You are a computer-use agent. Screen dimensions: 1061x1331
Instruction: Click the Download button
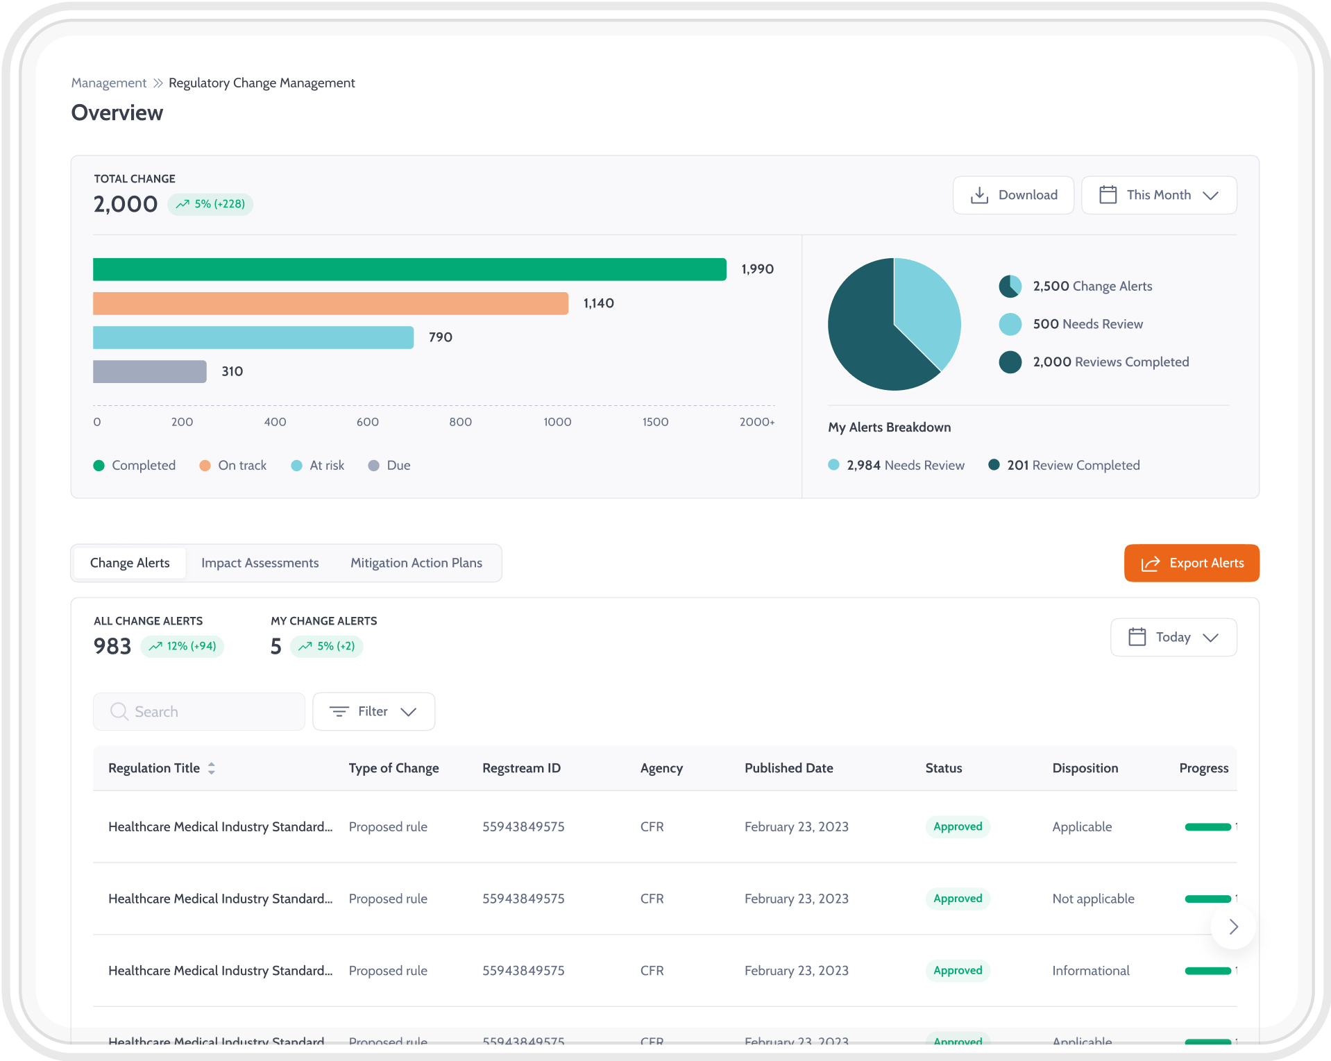[1013, 195]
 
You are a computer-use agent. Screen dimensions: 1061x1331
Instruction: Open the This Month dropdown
[1158, 195]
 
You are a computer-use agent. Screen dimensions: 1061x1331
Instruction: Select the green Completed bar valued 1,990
[409, 269]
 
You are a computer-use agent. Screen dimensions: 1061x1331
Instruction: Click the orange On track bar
[330, 303]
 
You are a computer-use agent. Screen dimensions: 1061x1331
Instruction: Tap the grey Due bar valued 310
[149, 371]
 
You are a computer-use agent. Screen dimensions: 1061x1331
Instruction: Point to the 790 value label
[440, 337]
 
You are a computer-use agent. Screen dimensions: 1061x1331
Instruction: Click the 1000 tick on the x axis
[557, 422]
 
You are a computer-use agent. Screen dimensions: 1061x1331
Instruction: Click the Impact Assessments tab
[260, 563]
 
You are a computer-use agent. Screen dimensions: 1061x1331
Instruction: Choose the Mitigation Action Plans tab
[416, 563]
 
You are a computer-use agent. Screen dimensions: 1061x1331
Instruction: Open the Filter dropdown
[373, 711]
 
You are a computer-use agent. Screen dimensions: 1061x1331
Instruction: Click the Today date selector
[1173, 637]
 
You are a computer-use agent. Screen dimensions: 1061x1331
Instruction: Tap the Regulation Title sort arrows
[212, 768]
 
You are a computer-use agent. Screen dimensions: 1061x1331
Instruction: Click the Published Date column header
[788, 768]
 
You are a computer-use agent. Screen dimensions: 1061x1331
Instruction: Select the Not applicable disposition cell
[1093, 899]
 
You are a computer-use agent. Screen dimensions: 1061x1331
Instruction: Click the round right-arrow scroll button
[1232, 926]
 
